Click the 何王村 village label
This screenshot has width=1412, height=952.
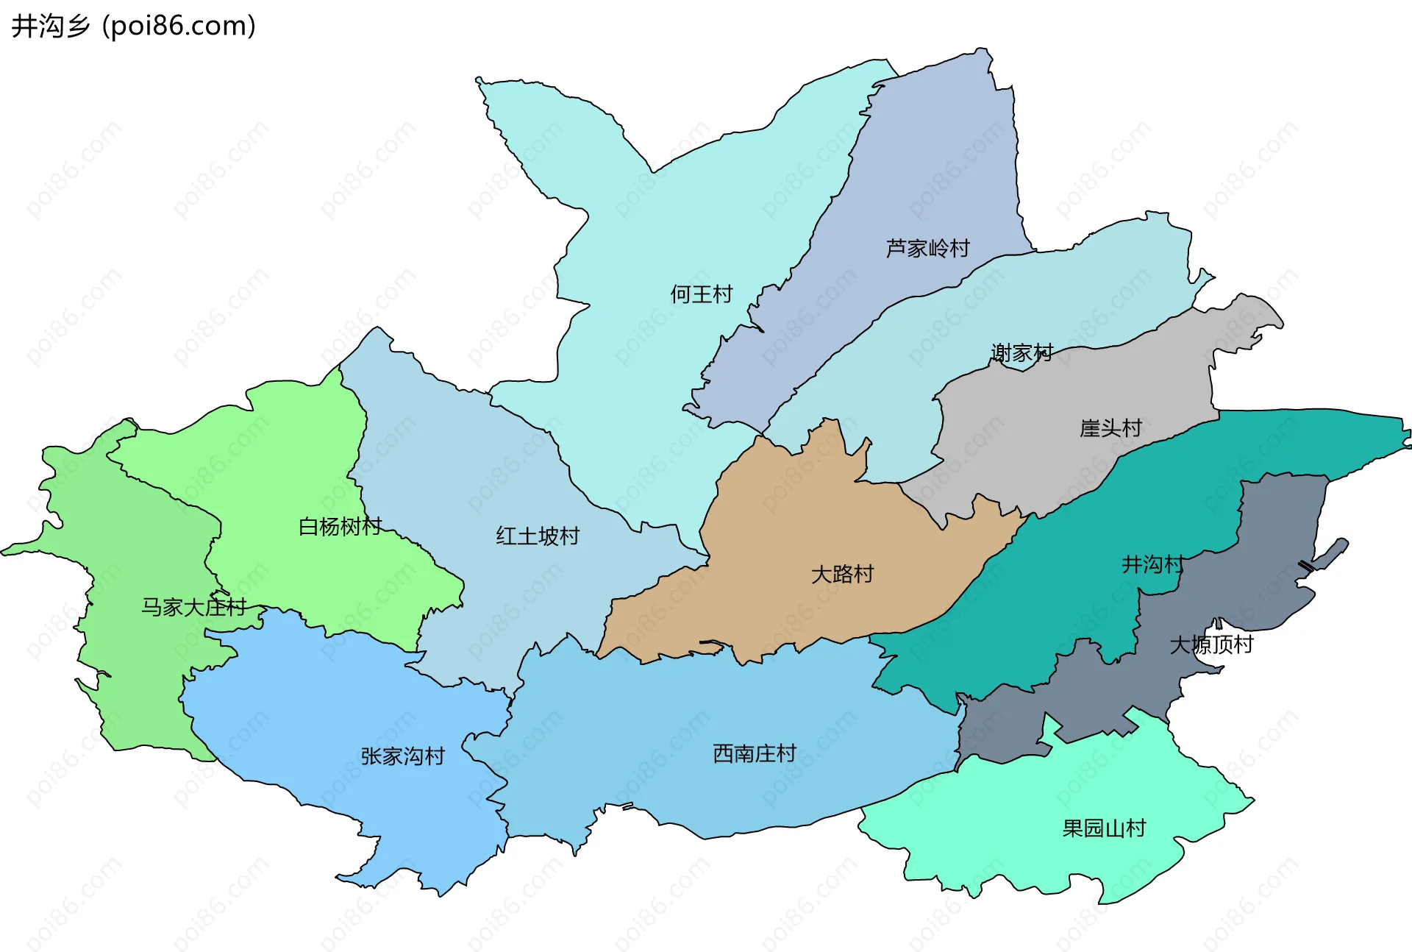click(x=701, y=294)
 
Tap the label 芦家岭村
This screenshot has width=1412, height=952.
click(x=927, y=248)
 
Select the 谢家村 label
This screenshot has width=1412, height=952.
click(x=1021, y=353)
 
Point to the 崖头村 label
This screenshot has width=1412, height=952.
click(x=1110, y=427)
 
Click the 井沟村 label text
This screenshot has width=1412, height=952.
click(x=1152, y=564)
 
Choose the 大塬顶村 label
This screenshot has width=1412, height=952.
click(x=1211, y=644)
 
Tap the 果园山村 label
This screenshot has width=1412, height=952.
click(x=1104, y=828)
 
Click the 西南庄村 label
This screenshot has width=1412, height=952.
click(x=755, y=753)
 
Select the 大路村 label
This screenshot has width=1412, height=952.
click(x=842, y=574)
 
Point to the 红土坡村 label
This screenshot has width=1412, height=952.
click(x=538, y=536)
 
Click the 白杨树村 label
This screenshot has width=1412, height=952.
click(x=340, y=526)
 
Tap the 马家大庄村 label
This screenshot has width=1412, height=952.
click(x=193, y=607)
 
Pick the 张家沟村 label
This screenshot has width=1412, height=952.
click(x=402, y=756)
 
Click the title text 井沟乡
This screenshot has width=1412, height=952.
click(x=50, y=26)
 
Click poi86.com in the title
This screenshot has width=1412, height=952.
click(x=179, y=26)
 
